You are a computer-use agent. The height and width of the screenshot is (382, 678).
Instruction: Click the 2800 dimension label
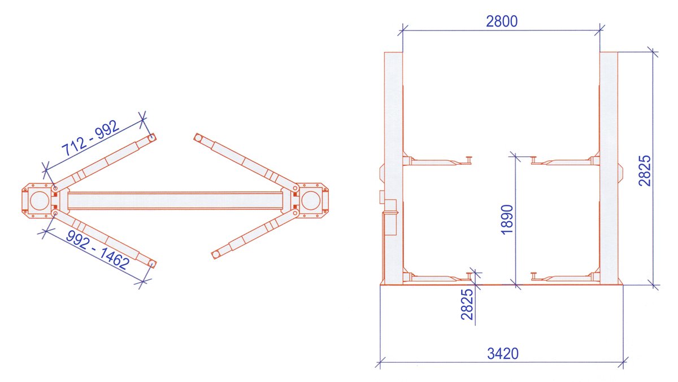(x=502, y=21)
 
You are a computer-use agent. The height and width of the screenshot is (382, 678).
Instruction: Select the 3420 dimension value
(x=503, y=353)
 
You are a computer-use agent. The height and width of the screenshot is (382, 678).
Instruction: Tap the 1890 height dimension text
(x=507, y=219)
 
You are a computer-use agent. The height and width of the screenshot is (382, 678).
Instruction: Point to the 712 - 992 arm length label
(x=90, y=138)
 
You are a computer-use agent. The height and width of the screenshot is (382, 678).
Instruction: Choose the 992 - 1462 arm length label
(x=98, y=250)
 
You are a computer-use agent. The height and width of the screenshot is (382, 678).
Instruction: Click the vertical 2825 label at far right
(x=644, y=170)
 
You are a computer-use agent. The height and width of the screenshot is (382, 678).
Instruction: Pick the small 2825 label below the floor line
(x=467, y=304)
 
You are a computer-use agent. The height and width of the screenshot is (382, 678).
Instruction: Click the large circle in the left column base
(x=40, y=201)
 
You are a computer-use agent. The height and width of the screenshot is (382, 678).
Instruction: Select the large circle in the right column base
(x=311, y=201)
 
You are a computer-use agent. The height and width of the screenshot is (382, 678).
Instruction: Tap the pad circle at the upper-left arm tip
(x=151, y=138)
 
